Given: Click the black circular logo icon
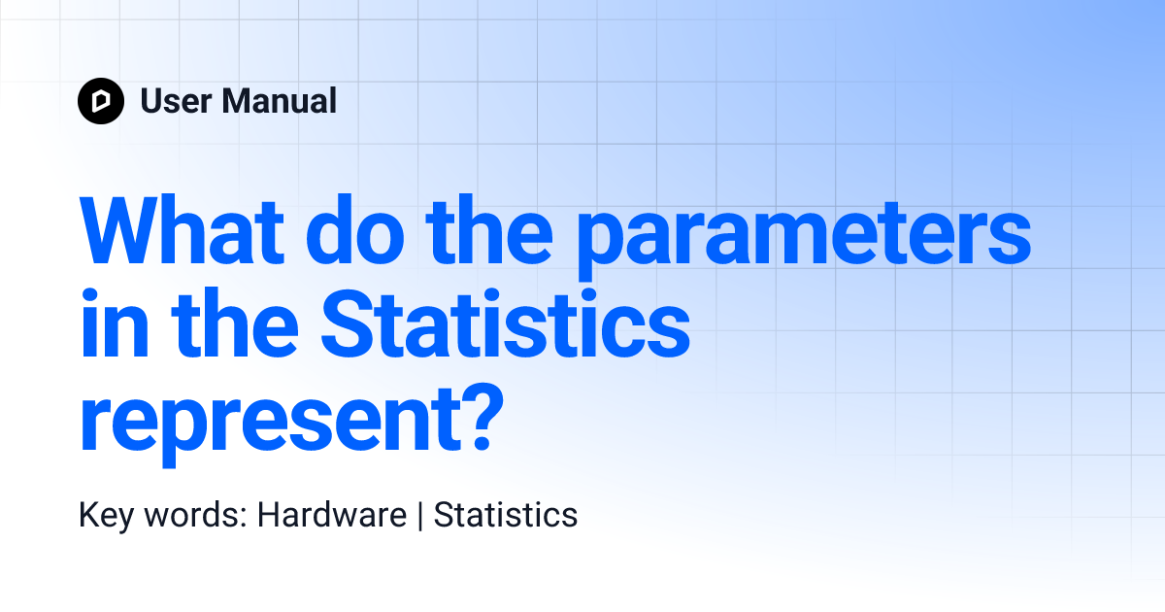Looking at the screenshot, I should coord(101,101).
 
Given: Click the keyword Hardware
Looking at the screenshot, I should coord(331,515).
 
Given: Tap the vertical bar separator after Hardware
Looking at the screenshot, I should coord(420,516).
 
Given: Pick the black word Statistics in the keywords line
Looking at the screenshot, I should coord(505,515).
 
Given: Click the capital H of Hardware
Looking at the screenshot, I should coord(267,515).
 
